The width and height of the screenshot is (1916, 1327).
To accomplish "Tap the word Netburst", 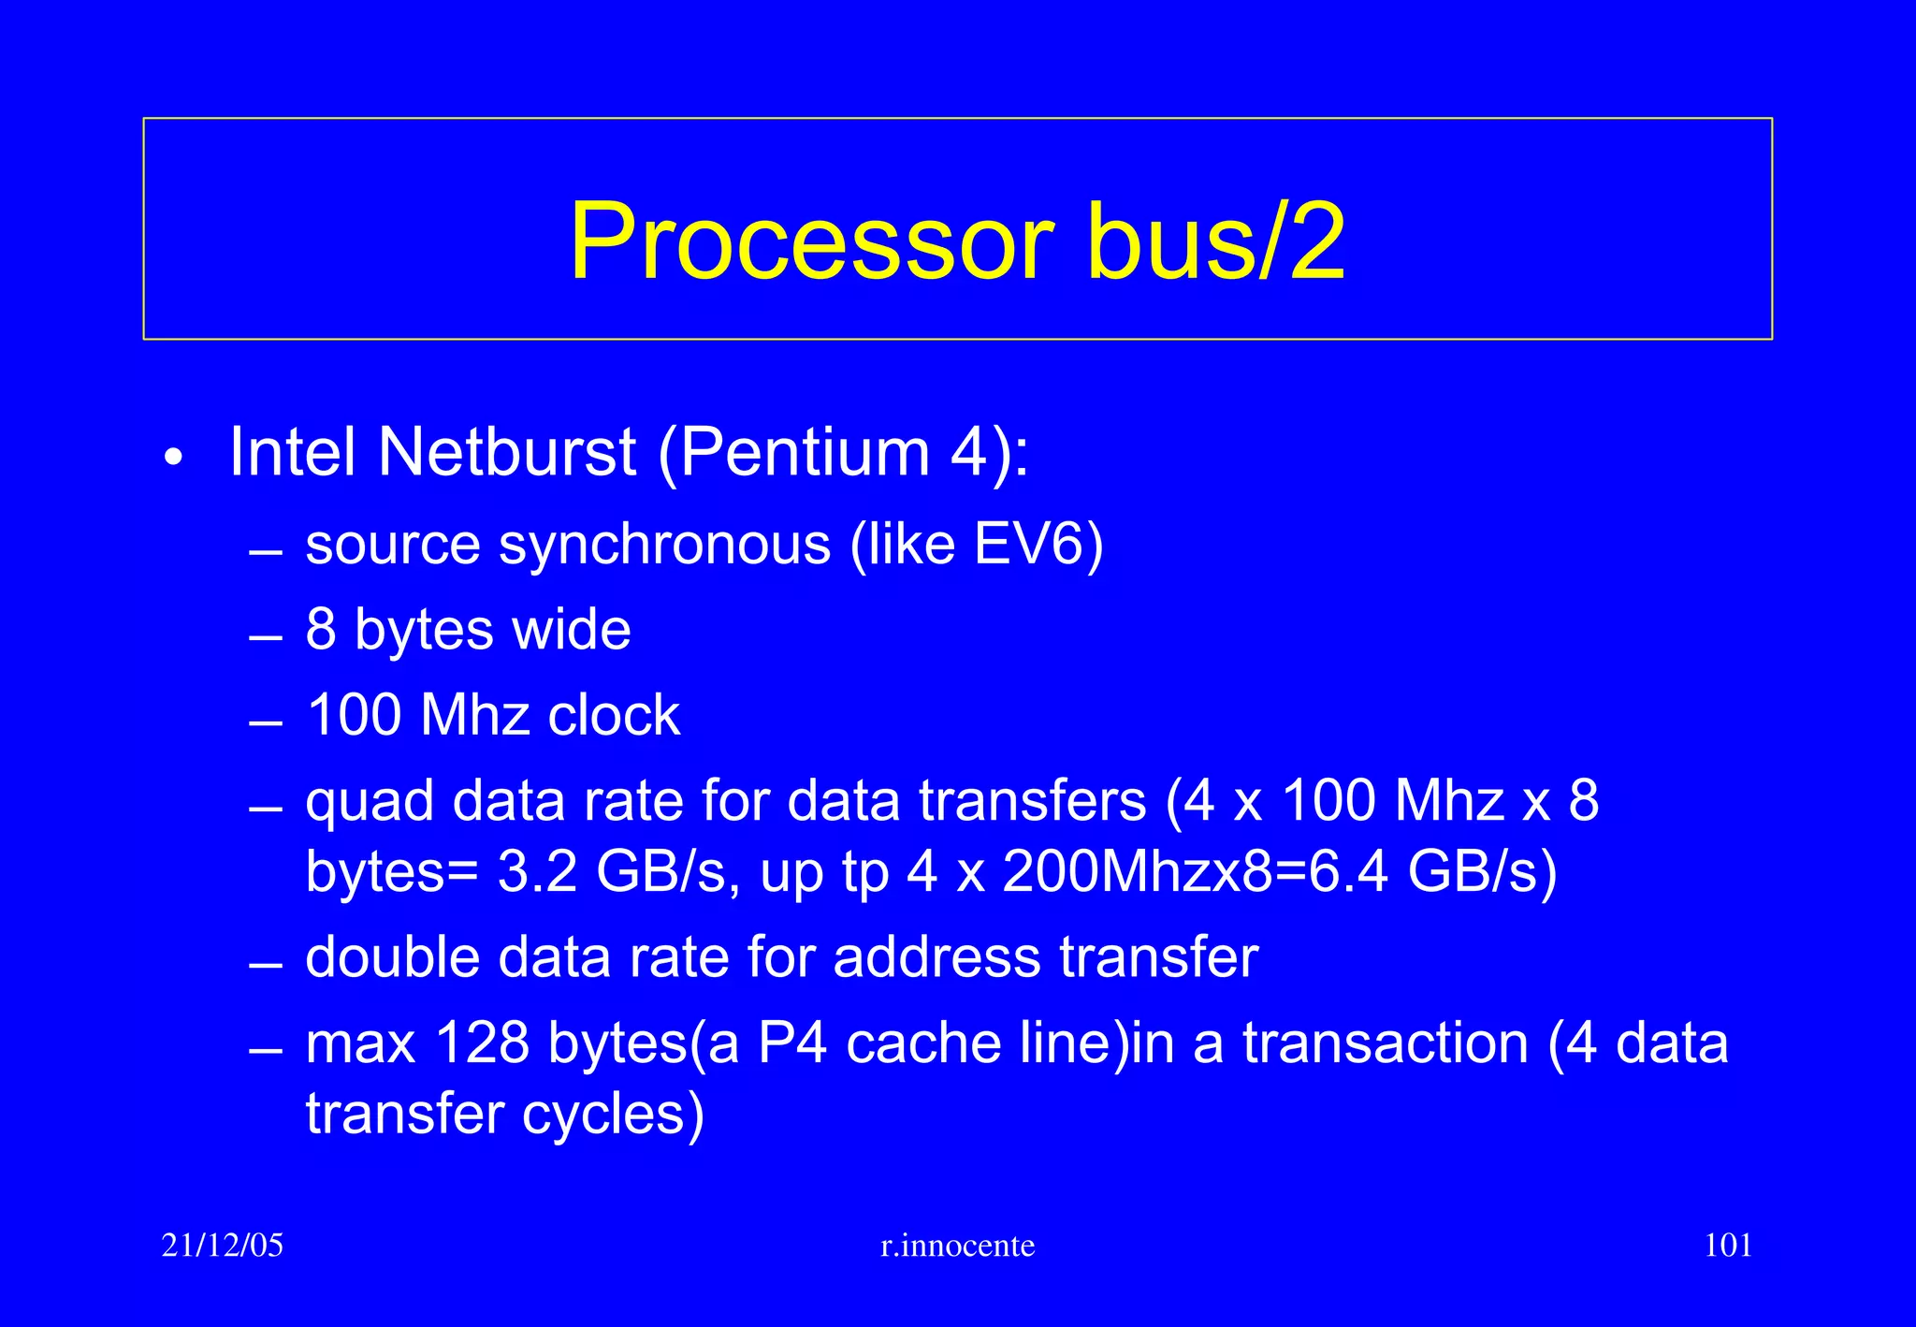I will point(507,453).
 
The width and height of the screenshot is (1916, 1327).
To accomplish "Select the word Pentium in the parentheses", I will point(806,453).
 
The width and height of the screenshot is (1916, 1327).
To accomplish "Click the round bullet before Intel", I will point(172,459).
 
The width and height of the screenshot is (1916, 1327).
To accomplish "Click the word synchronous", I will point(664,546).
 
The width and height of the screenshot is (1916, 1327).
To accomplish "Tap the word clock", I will point(614,716).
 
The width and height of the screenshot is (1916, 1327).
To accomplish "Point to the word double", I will point(392,957).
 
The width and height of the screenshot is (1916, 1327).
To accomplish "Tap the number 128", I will point(482,1043).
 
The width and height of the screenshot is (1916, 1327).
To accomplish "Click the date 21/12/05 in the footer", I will point(223,1246).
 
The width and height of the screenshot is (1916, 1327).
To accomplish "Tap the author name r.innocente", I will point(958,1246).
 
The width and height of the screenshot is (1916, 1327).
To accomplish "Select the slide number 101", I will point(1728,1246).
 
